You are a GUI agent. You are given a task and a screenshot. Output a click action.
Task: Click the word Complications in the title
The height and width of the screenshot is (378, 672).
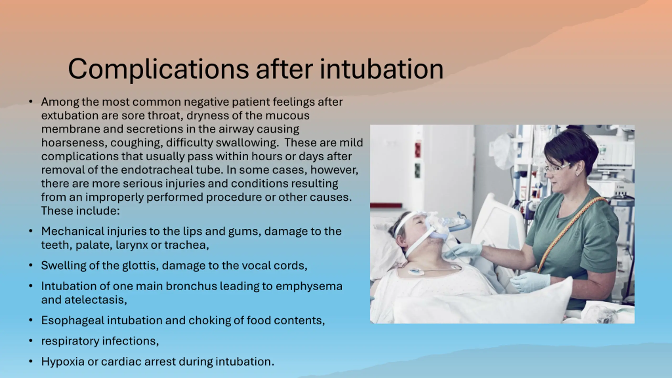point(158,69)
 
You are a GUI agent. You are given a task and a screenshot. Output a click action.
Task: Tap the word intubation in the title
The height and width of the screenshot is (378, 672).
point(381,69)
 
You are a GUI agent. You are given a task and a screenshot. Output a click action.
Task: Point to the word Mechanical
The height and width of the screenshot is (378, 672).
point(73,231)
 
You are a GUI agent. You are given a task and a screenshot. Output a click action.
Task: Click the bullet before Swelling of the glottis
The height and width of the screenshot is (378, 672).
point(31,266)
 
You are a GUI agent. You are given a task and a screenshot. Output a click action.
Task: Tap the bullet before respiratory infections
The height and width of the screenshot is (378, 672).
point(31,341)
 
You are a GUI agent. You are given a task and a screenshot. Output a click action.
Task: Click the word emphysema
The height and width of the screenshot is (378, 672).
point(309,286)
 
